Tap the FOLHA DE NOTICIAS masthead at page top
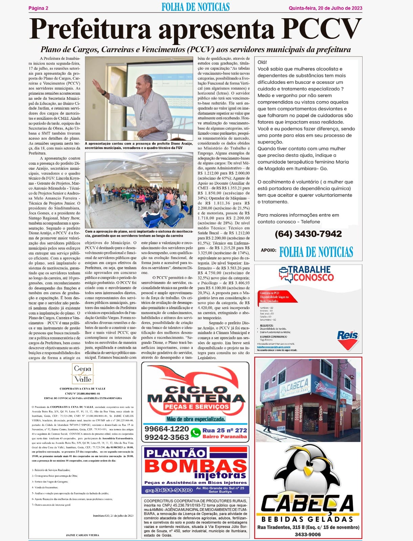195,7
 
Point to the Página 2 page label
38,8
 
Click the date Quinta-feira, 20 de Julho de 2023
325,8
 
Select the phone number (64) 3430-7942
308,234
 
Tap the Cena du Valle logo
83,373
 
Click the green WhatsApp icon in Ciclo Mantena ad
196,433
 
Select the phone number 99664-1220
167,429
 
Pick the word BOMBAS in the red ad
195,466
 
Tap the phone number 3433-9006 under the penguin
308,534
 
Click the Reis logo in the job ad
348,335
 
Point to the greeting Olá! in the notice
262,62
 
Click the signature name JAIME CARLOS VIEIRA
83,535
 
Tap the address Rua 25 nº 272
224,430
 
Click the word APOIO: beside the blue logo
268,251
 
